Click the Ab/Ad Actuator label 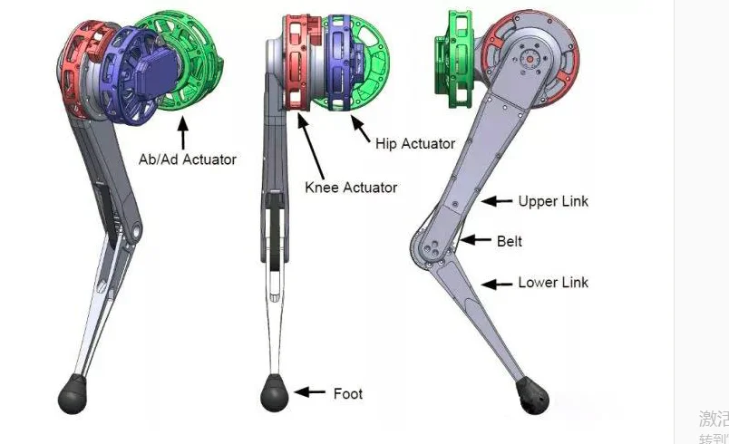tap(187, 159)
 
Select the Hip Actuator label tap(415, 143)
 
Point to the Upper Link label tap(552, 201)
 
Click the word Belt tap(509, 242)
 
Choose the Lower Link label tap(553, 283)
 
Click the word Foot tap(347, 393)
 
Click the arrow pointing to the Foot tap(310, 392)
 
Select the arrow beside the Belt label tap(474, 240)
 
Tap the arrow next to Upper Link tap(496, 200)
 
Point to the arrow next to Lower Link tap(496, 284)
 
